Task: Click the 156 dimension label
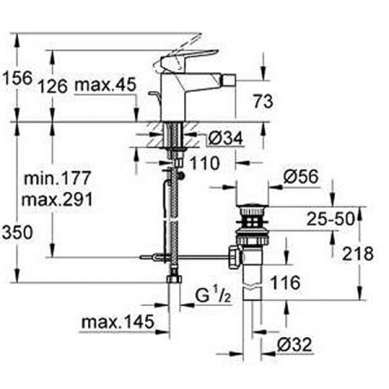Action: coord(17,79)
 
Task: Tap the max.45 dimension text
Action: coord(105,86)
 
